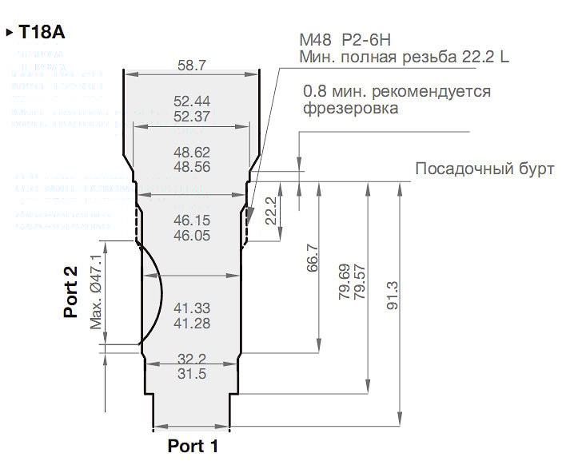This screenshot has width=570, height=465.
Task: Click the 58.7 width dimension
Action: point(191,65)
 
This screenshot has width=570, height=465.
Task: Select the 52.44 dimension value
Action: point(191,101)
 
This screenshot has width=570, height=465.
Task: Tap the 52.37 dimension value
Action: point(191,116)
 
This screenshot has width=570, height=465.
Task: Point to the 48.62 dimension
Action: point(191,152)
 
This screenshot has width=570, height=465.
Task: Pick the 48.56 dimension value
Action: point(191,166)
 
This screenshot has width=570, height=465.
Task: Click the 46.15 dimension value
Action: point(191,220)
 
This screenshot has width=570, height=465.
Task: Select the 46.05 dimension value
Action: point(191,235)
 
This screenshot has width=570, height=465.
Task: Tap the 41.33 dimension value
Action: point(191,308)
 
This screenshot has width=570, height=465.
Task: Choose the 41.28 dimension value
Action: point(191,323)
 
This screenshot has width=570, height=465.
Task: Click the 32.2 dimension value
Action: point(191,359)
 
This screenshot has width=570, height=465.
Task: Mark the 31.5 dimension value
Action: point(191,374)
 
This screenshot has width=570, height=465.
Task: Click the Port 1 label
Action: point(192,446)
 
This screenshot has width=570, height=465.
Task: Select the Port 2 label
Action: point(71,292)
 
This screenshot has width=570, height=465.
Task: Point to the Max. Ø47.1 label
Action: point(97,292)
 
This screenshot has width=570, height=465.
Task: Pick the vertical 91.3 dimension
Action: point(392,296)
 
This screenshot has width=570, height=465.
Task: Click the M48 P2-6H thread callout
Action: point(345,39)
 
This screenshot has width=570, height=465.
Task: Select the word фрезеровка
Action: point(350,108)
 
